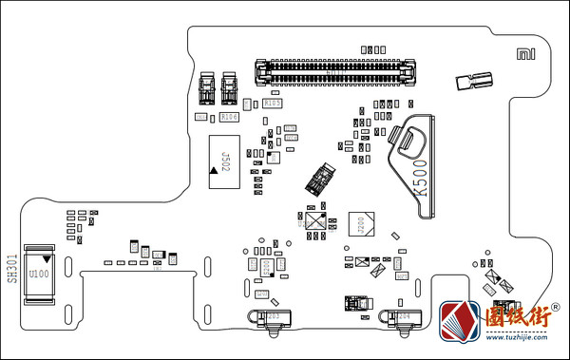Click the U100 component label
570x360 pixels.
pos(39,275)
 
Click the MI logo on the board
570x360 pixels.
pos(523,55)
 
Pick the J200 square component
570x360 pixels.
pos(361,224)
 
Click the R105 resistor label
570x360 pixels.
pos(272,103)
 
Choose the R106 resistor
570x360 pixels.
pos(228,117)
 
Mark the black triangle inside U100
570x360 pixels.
pos(46,259)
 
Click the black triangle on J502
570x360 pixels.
pos(214,172)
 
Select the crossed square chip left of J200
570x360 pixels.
pos(314,221)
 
